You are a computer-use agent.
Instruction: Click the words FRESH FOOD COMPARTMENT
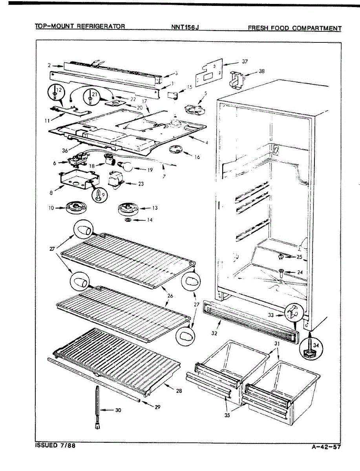(294, 28)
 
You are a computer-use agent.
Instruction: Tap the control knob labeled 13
(127, 208)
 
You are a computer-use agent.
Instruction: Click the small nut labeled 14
(128, 220)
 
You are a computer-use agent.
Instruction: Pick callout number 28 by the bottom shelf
(179, 391)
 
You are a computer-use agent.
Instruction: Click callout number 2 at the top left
(49, 66)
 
